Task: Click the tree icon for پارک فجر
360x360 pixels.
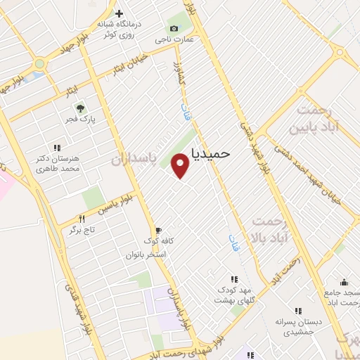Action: [81, 108]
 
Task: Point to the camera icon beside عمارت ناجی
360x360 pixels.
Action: [174, 28]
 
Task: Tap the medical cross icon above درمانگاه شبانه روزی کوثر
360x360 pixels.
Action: [119, 13]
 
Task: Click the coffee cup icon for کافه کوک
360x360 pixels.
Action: [158, 230]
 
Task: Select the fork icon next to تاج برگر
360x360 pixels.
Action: [82, 219]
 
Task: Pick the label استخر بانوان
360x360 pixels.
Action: [146, 254]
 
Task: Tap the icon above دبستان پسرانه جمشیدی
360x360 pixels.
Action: [298, 311]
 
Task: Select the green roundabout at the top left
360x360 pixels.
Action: [39, 63]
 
